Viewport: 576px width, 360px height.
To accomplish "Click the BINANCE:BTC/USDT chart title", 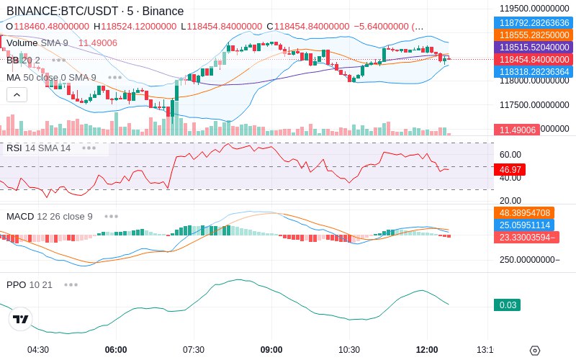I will coord(94,11).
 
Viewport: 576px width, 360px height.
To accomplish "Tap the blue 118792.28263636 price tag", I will coord(534,22).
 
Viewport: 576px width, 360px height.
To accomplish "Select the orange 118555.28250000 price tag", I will coord(534,35).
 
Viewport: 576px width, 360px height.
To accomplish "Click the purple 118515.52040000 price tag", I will coord(534,47).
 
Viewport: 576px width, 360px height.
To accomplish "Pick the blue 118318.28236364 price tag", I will coord(534,71).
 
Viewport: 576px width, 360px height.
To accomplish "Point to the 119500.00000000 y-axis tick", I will coord(534,9).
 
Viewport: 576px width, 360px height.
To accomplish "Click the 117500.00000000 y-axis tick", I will coord(534,104).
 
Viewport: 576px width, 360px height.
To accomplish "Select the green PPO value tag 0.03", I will coord(508,305).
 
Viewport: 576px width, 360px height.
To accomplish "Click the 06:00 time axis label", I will coord(116,349).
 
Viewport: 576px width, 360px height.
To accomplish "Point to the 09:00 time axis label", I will coord(271,349).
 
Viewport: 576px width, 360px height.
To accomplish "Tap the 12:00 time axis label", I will coord(427,349).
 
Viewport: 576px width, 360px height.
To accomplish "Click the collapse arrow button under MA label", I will coord(17,94).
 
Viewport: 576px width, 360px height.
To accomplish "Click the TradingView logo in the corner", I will coord(21,319).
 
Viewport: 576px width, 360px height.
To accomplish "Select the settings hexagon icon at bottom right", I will coord(534,351).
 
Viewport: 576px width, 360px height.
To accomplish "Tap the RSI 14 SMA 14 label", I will coord(38,148).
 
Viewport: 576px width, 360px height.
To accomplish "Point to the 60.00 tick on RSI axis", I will coord(510,154).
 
